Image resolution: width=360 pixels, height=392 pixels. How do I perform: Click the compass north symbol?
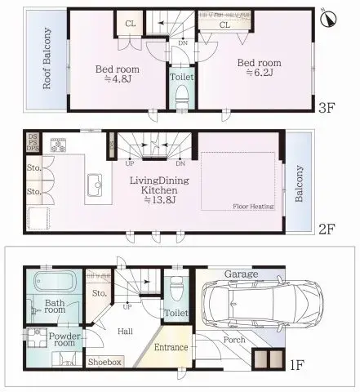tap(328, 18)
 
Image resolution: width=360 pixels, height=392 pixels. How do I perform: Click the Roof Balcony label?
tap(36, 60)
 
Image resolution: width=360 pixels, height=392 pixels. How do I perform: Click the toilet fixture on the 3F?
tap(181, 100)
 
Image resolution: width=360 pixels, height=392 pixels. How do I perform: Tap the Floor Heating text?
tap(251, 207)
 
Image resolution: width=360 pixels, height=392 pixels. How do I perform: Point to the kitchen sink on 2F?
tap(95, 183)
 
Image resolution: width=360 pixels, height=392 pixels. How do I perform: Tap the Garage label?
tap(241, 274)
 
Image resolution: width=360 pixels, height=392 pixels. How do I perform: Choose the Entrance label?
tap(172, 347)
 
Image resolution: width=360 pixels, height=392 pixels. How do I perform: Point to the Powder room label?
tap(63, 340)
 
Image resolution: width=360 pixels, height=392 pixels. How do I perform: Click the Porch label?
tap(234, 341)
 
